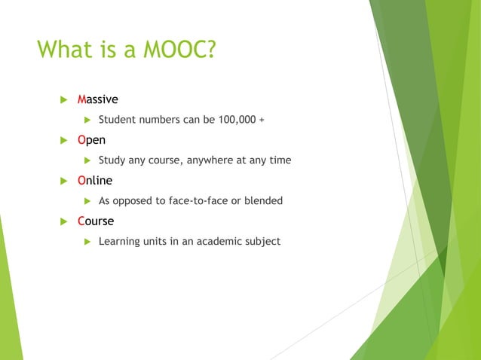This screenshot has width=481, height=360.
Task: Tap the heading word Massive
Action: (x=98, y=99)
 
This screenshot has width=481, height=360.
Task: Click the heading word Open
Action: (x=92, y=140)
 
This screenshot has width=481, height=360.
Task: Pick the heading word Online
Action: (x=95, y=181)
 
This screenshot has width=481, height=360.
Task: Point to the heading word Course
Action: (x=96, y=221)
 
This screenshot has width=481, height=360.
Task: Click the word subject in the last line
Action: (x=260, y=242)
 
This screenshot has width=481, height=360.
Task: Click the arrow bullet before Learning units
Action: (x=86, y=242)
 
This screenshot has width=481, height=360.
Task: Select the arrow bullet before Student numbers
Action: (x=86, y=120)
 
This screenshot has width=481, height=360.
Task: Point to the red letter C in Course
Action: (x=81, y=221)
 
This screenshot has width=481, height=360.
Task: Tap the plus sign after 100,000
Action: (x=262, y=120)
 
